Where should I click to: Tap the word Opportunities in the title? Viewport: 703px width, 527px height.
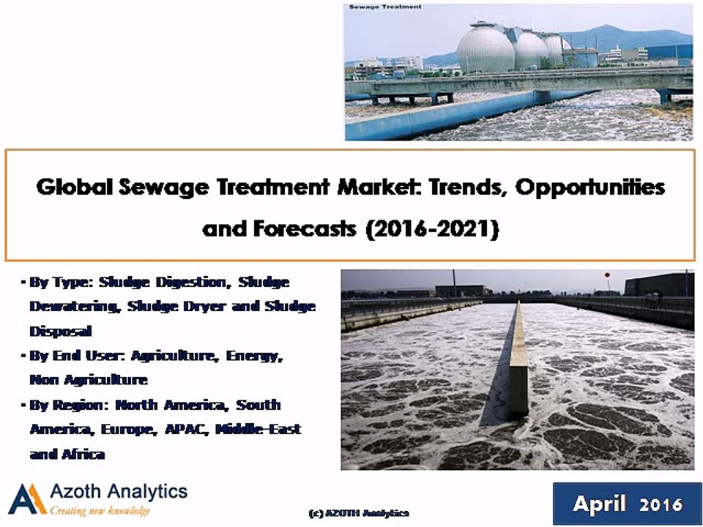tap(590, 187)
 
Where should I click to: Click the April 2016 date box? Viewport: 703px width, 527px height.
tap(628, 504)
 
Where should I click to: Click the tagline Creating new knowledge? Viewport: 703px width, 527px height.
tap(100, 511)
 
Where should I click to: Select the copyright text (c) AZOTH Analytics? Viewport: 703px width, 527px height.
tap(359, 513)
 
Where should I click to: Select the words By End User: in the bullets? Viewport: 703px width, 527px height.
tap(78, 356)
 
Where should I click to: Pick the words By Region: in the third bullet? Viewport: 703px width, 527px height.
tap(70, 405)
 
